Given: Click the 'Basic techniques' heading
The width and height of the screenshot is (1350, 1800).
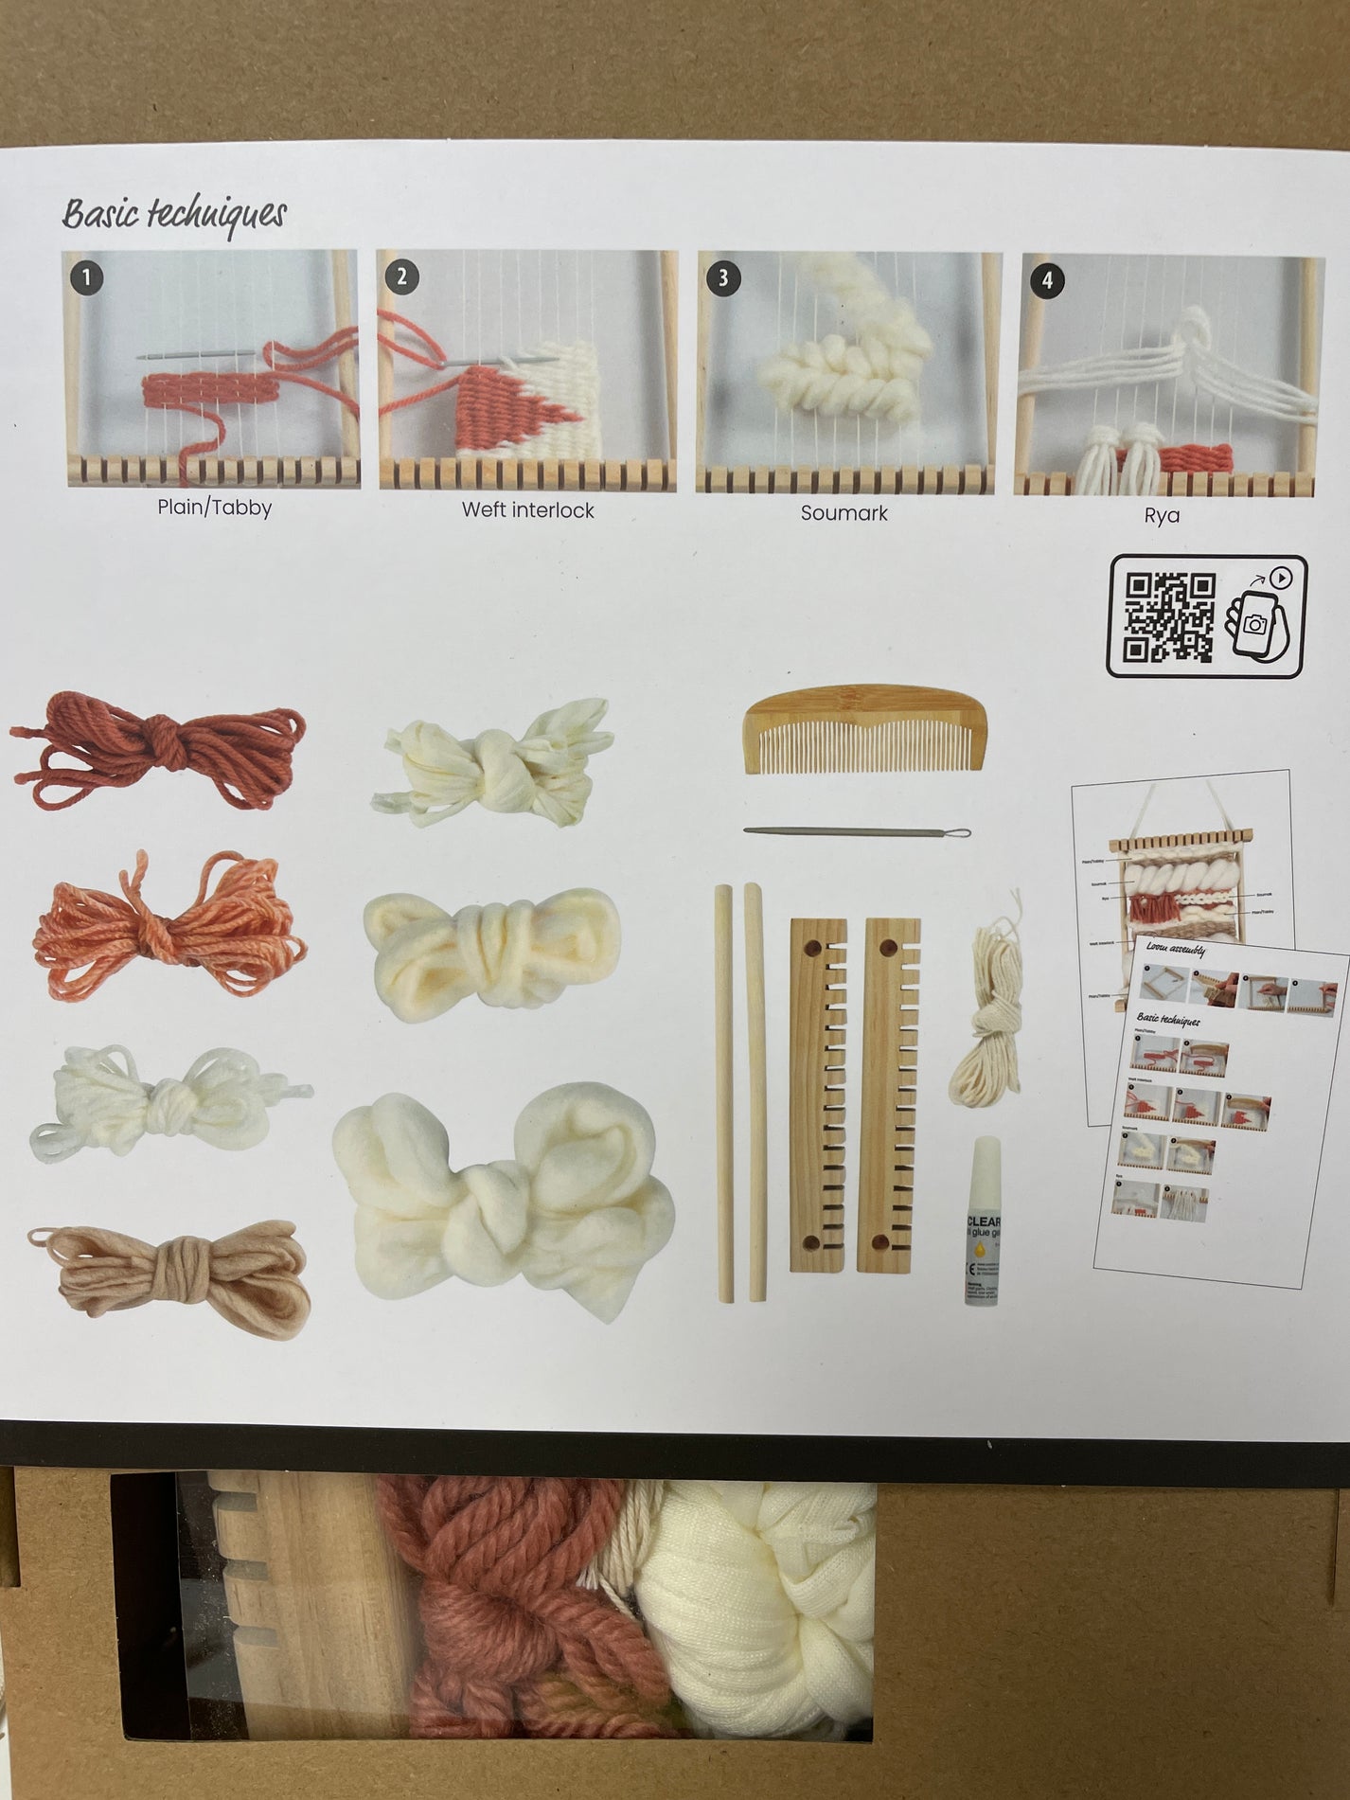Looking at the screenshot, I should (174, 214).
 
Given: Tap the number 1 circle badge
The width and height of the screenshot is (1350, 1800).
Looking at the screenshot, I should (87, 277).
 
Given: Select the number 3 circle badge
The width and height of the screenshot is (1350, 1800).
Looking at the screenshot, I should (724, 277).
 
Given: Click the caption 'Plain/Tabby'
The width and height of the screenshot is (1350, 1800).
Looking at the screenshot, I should (214, 508).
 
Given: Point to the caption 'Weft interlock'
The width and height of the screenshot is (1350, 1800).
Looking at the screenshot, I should (527, 510).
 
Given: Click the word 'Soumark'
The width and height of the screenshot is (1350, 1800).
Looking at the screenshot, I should (844, 513).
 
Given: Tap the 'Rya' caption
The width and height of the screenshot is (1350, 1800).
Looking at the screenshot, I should (1161, 516).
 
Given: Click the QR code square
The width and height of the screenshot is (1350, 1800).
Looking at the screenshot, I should (1169, 616).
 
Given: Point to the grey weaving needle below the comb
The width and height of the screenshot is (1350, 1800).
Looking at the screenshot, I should (857, 831).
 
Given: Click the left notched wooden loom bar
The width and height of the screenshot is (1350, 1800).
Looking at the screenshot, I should (816, 1094).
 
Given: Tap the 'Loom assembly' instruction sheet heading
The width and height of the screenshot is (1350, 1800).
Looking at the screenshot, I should (1174, 948).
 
